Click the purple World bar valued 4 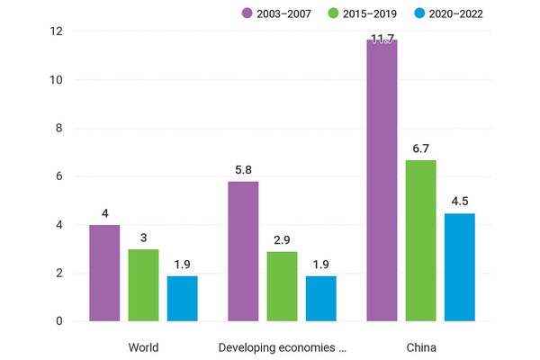tap(104, 273)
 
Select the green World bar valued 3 tap(143, 285)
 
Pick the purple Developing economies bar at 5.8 tap(243, 251)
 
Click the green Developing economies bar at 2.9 tap(282, 286)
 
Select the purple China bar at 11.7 tap(382, 180)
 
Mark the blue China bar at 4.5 tap(459, 266)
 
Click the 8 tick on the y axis tap(58, 128)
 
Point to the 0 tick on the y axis tap(58, 321)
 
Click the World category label tap(143, 347)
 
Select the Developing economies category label tap(282, 347)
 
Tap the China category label tap(420, 347)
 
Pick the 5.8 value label tap(243, 170)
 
